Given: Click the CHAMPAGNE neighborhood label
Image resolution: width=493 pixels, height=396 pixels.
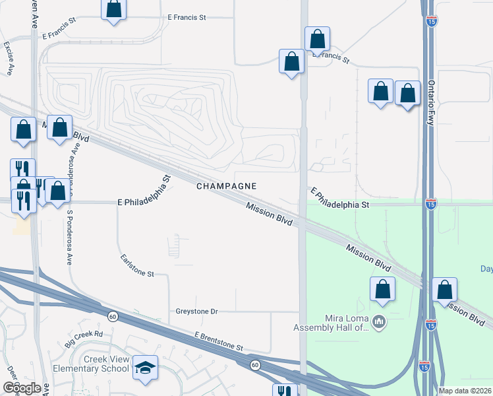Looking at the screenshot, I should [x=226, y=186].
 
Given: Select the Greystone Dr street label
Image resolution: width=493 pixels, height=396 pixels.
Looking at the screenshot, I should [x=196, y=311].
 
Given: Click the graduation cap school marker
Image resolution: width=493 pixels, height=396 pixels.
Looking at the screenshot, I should [x=145, y=368].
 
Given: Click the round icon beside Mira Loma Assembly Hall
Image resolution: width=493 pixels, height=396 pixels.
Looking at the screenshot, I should [x=378, y=322].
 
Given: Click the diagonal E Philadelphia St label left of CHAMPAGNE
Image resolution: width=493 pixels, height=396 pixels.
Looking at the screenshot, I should [x=142, y=192].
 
